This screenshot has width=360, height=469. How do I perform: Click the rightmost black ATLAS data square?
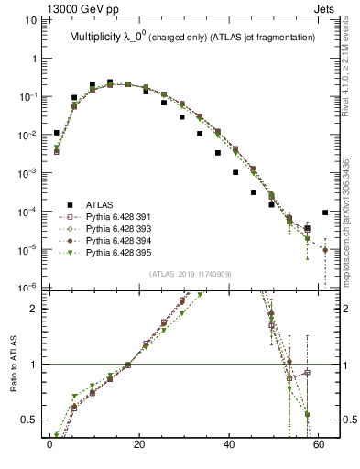(x=325, y=213)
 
